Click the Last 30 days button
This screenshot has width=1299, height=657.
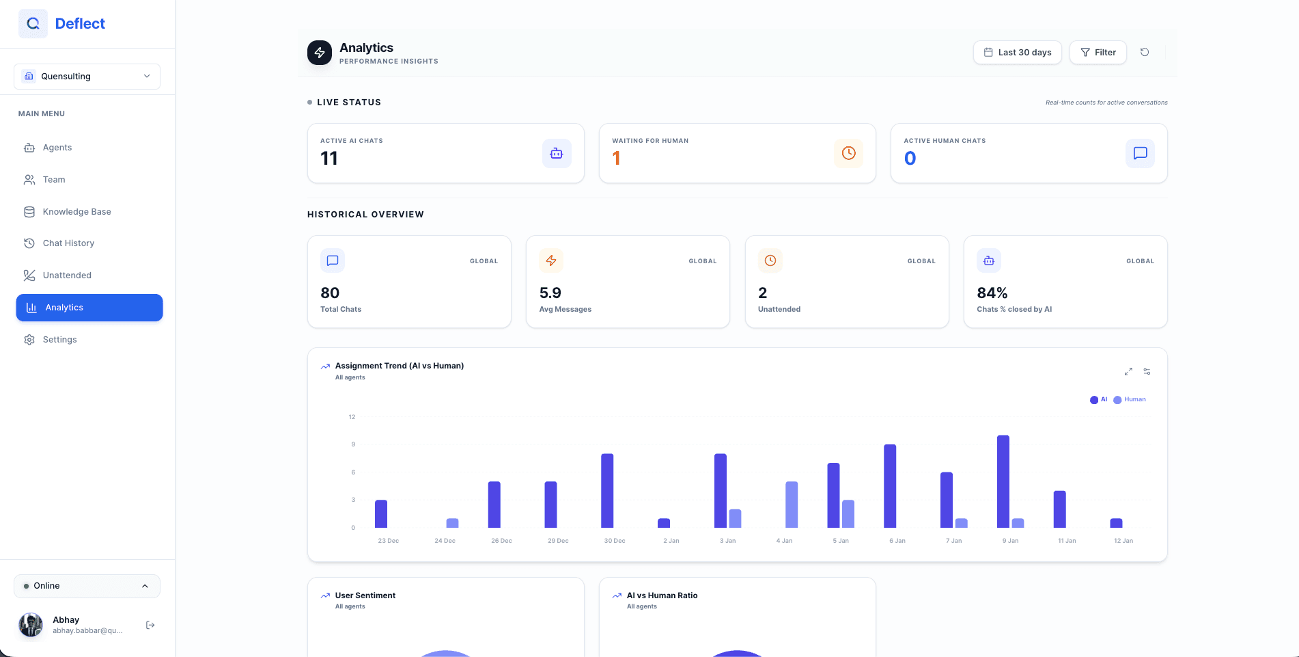click(x=1017, y=53)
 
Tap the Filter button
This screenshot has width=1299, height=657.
click(x=1098, y=53)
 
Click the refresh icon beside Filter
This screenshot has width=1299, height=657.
click(x=1145, y=53)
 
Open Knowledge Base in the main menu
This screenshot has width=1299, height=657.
click(x=76, y=212)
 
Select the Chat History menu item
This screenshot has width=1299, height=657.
click(x=68, y=243)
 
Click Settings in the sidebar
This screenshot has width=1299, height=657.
click(x=59, y=340)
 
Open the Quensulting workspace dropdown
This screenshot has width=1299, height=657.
click(x=87, y=77)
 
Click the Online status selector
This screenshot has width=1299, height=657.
click(x=87, y=586)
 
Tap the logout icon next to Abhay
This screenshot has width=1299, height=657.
click(x=150, y=625)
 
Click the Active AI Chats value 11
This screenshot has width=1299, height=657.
click(x=329, y=159)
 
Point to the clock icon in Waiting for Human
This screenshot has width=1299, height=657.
click(x=848, y=153)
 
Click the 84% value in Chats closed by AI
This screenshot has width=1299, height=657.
click(x=992, y=293)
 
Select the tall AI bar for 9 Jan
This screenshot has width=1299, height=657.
click(x=1003, y=481)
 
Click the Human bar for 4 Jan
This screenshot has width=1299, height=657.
click(x=792, y=505)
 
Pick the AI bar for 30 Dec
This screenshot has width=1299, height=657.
click(x=607, y=491)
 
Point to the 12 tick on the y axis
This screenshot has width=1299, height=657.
click(x=352, y=417)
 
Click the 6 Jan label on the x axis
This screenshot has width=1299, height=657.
click(x=897, y=541)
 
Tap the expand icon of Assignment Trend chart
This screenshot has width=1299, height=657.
click(x=1128, y=371)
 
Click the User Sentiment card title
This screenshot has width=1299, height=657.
click(x=365, y=595)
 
